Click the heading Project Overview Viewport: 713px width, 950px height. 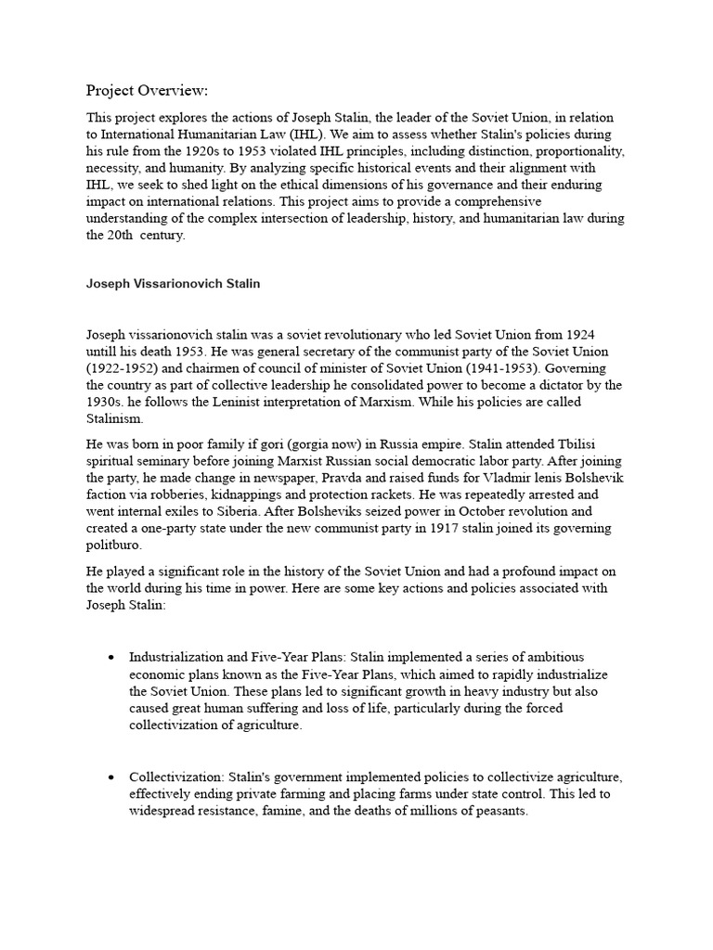click(x=148, y=90)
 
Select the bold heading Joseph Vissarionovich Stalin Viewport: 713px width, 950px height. click(x=175, y=284)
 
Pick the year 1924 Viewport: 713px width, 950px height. click(x=607, y=335)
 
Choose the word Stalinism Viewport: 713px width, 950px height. click(x=114, y=418)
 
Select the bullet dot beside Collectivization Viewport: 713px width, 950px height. click(x=111, y=777)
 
